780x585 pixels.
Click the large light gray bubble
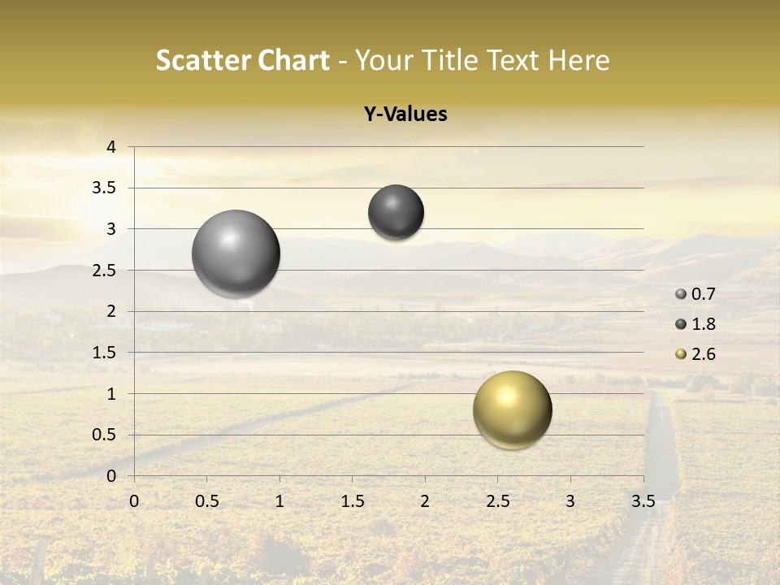point(236,253)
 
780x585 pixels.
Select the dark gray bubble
point(396,212)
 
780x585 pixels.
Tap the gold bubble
point(512,409)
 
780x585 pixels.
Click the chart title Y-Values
point(405,115)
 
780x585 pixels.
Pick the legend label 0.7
point(704,294)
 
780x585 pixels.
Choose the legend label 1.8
point(704,324)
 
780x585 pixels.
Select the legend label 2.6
point(704,354)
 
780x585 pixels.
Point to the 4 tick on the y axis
point(112,147)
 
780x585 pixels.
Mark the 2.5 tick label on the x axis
point(497,501)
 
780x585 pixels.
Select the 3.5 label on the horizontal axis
point(643,501)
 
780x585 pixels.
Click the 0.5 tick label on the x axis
point(207,501)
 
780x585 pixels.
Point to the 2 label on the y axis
point(112,311)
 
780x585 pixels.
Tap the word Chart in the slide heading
point(293,60)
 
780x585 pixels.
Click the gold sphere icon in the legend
point(681,354)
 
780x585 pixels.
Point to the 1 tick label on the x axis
point(279,501)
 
